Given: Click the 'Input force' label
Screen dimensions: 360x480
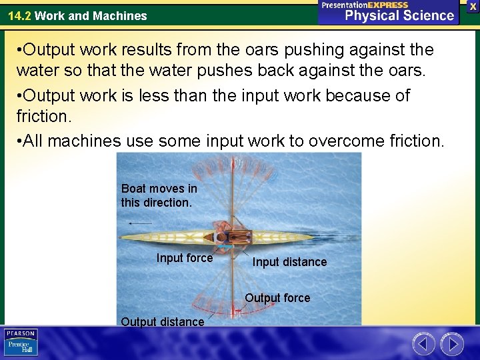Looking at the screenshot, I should (185, 258).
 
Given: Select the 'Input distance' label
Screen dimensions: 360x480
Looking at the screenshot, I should (289, 262).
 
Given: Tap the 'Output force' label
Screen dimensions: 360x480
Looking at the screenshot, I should (277, 298).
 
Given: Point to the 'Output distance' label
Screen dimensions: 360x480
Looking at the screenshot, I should (163, 322).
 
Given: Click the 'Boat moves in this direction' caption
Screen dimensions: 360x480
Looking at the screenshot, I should (159, 195).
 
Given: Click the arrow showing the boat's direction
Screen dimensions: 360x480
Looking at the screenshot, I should (140, 223).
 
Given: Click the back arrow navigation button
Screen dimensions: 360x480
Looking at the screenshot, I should (423, 344).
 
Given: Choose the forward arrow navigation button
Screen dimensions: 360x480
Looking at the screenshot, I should (452, 344).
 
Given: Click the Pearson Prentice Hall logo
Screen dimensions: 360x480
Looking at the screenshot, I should (21, 343).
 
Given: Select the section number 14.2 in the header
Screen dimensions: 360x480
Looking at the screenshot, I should (19, 15).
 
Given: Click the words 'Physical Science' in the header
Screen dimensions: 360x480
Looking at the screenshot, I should (399, 15).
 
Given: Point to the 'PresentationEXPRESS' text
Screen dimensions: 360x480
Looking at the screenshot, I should (365, 5).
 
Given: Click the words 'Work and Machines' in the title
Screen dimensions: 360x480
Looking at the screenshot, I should (91, 15).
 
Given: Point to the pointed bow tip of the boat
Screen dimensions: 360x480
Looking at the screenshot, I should (121, 237).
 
